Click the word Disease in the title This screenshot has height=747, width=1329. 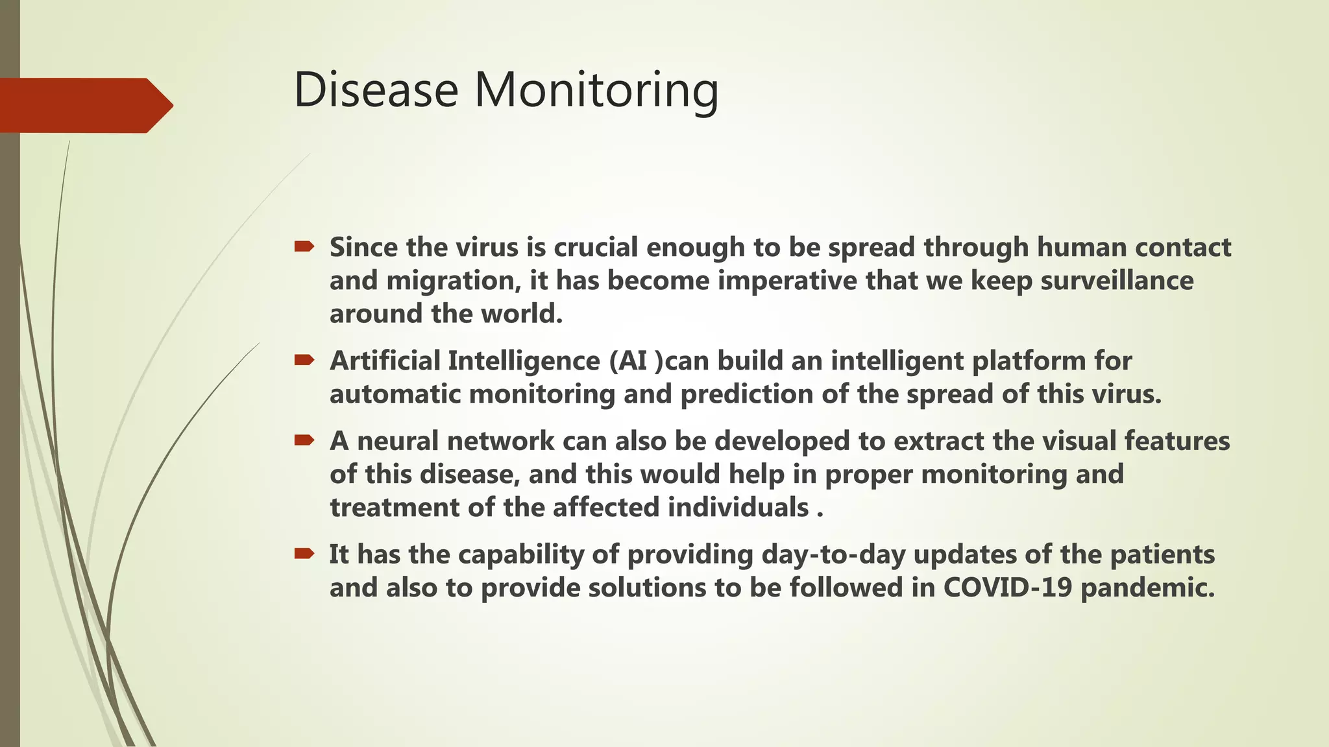coord(376,89)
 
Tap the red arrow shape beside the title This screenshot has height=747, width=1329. coord(84,105)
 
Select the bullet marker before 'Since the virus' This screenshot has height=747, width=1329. coord(304,246)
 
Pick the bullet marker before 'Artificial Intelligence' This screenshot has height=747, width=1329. coord(304,359)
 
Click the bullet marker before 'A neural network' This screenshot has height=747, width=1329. coord(304,440)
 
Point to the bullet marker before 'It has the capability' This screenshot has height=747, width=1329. coord(304,553)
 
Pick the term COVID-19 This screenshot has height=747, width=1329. coord(1007,587)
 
